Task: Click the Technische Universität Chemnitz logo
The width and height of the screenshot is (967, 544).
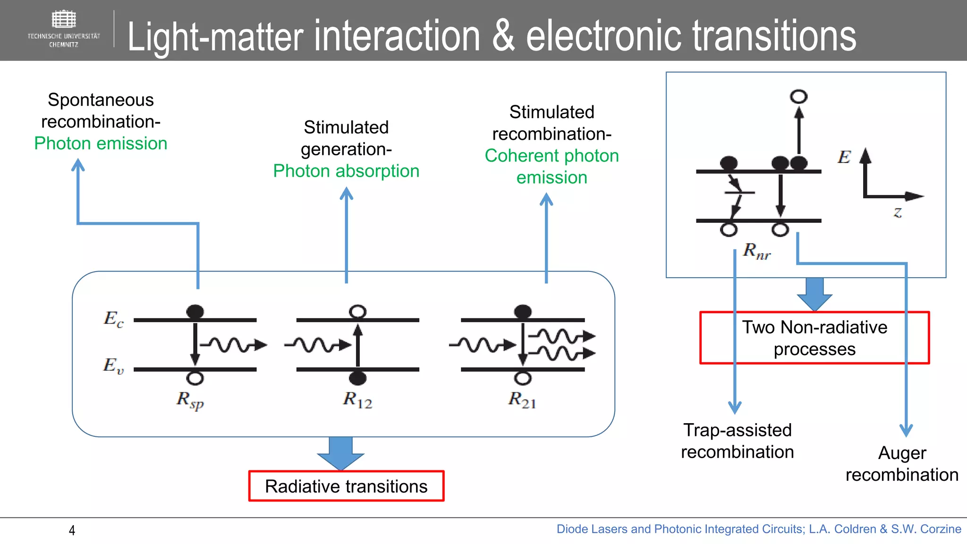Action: (63, 28)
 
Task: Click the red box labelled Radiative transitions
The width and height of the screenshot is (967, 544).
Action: (346, 486)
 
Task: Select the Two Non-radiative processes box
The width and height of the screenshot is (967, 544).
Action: (814, 338)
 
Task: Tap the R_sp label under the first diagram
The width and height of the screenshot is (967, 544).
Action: (190, 400)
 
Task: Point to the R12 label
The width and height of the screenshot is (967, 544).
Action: (357, 400)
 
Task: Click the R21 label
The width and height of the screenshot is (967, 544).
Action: (522, 400)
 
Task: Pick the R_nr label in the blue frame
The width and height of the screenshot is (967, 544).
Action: (756, 251)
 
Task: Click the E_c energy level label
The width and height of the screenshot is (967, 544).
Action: (113, 319)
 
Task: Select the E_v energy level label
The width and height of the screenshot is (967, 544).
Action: (113, 365)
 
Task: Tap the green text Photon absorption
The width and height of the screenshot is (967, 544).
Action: (346, 171)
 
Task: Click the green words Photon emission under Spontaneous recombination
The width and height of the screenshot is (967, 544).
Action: (101, 144)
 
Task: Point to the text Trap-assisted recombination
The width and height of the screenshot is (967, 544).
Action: (737, 441)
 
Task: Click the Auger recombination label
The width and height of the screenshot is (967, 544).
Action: (901, 464)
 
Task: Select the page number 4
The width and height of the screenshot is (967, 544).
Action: (72, 530)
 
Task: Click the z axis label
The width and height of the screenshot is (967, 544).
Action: (898, 212)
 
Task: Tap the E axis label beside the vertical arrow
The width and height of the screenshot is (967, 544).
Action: (844, 157)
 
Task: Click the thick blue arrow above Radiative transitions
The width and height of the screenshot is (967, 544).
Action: (340, 452)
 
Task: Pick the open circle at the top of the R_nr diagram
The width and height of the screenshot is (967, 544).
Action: (798, 97)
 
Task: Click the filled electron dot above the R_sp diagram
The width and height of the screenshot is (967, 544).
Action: (195, 311)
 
